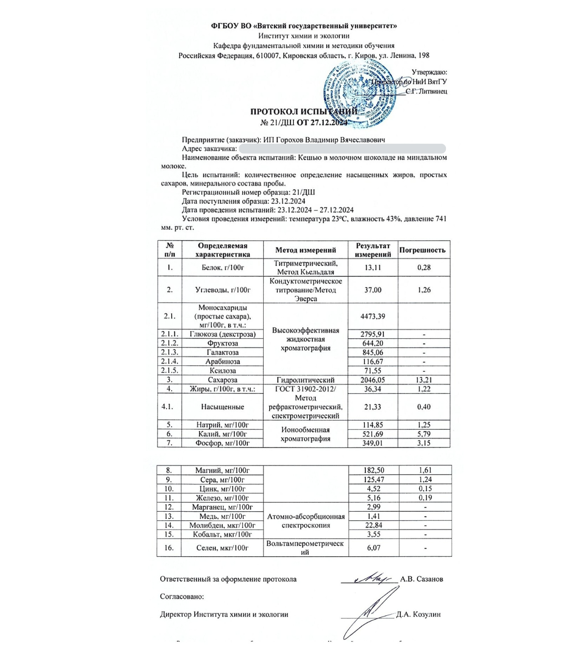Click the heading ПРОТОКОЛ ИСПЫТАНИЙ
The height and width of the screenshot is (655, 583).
[x=304, y=112]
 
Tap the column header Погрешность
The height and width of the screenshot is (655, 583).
[x=422, y=250]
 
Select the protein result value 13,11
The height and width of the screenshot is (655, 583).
[x=373, y=267]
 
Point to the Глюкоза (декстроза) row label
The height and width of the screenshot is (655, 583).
[x=223, y=334]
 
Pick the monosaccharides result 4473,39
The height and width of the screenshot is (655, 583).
[x=373, y=316]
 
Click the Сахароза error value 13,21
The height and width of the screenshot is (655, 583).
[x=424, y=380]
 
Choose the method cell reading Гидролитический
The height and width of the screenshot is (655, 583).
[x=306, y=380]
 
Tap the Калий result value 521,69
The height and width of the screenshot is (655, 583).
[x=373, y=434]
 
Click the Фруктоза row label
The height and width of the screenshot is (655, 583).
[x=223, y=343]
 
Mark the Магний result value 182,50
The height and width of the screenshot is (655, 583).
[x=373, y=470]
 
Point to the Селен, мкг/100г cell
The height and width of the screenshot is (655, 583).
[x=222, y=548]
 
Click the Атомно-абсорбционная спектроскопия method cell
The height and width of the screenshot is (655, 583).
[x=306, y=521]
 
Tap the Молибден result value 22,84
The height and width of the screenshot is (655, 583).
[x=373, y=525]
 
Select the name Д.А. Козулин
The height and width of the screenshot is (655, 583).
[x=418, y=615]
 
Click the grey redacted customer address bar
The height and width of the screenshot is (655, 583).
[x=342, y=149]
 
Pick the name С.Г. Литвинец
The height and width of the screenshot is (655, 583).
[x=426, y=91]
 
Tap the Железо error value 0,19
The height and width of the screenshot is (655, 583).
[x=425, y=498]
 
